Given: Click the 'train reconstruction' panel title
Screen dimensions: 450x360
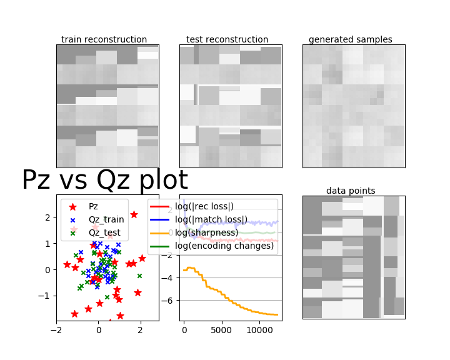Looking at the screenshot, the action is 104,39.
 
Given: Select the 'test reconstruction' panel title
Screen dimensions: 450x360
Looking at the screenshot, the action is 227,39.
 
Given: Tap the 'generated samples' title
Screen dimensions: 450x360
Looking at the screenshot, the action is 351,39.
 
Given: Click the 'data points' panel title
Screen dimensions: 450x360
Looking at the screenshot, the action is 351,191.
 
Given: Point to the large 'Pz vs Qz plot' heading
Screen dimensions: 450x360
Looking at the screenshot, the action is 105,180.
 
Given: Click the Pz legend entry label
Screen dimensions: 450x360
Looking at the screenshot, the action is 93,206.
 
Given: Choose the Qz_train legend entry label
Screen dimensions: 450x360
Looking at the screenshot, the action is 106,219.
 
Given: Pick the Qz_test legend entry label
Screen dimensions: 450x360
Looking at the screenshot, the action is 104,233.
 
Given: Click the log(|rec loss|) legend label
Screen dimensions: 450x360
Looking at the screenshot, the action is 204,206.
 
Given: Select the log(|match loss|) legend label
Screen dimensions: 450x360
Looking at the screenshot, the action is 211,219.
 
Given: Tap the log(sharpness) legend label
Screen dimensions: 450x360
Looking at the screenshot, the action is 207,232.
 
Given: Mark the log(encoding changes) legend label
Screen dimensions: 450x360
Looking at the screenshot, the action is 224,246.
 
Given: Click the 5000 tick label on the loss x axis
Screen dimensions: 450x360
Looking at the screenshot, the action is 221,330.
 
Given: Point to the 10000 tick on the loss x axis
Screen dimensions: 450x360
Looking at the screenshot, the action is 259,330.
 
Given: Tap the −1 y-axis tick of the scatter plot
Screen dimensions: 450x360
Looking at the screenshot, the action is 44,296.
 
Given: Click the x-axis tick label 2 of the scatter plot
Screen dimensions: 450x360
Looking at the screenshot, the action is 141,330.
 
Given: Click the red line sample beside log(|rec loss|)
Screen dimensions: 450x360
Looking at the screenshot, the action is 160,206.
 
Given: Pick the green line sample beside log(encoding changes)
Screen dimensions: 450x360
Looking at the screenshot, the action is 160,246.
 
